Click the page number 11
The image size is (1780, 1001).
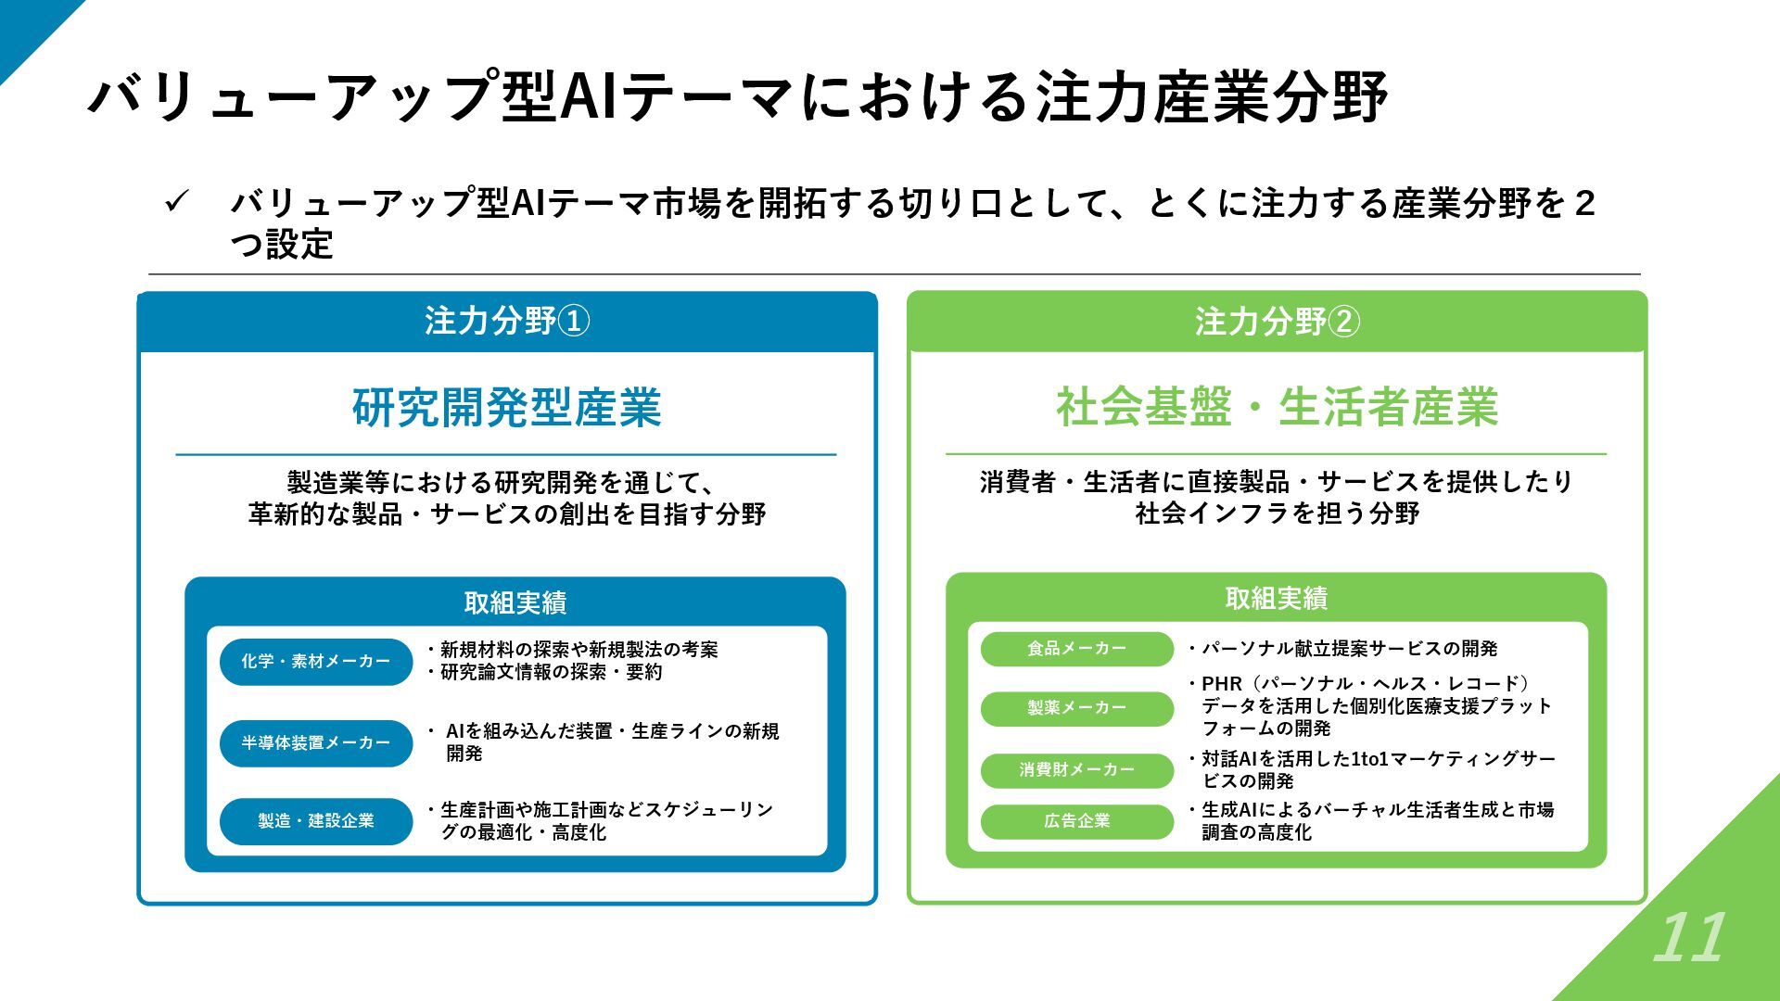[x=1688, y=938]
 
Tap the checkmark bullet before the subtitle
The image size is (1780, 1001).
[x=177, y=202]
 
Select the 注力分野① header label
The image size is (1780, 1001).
[x=507, y=322]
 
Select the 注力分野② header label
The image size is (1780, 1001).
[x=1277, y=322]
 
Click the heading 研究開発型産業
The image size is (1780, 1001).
[x=506, y=407]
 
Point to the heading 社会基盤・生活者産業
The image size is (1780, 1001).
[x=1277, y=407]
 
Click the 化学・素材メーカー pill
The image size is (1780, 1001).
[x=315, y=662]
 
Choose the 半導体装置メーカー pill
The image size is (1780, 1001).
[x=315, y=743]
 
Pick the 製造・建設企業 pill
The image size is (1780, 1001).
[x=315, y=821]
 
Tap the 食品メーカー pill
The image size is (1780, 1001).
[x=1076, y=649]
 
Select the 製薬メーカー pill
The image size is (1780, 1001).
[x=1076, y=708]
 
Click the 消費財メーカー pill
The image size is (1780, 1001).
[x=1076, y=770]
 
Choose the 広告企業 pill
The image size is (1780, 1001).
[x=1076, y=821]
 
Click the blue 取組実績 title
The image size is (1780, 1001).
[x=515, y=603]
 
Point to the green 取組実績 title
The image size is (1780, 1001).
[x=1276, y=599]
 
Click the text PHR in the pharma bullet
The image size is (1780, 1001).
[x=1221, y=684]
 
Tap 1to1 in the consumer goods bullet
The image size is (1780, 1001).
[x=1369, y=759]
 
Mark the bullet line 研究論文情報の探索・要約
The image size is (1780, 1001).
[x=551, y=672]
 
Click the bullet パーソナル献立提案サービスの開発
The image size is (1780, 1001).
[x=1349, y=649]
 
